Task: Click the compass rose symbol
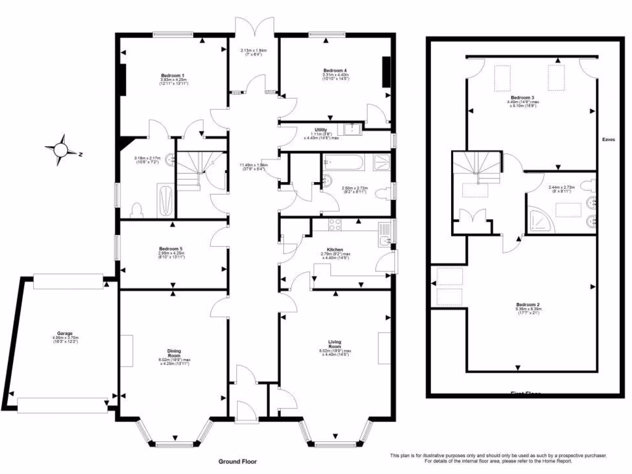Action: pyautogui.click(x=61, y=150)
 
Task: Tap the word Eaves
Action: pyautogui.click(x=609, y=139)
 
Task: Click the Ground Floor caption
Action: pyautogui.click(x=237, y=461)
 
